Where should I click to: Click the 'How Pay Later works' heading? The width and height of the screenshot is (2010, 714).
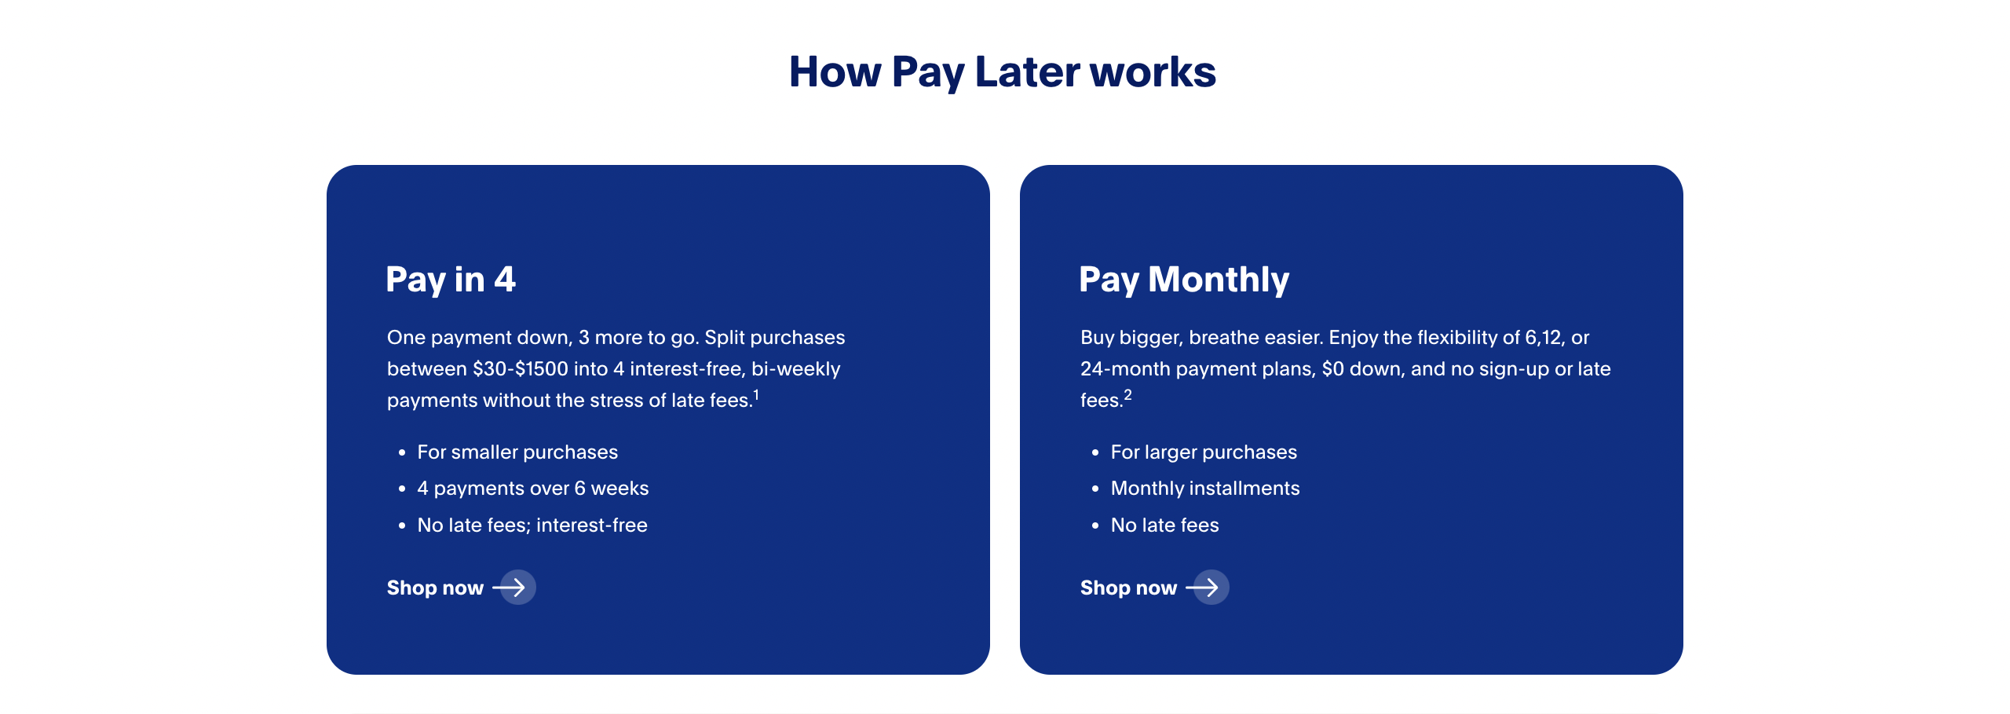coord(1003,72)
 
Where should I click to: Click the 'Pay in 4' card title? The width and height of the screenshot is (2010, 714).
coord(451,280)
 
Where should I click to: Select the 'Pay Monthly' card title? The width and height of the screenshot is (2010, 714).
coord(1184,280)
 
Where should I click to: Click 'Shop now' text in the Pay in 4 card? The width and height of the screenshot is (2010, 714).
coord(435,588)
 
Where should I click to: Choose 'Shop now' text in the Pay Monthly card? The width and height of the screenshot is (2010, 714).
coord(1128,588)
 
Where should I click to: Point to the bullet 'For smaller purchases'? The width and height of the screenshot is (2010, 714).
coord(517,452)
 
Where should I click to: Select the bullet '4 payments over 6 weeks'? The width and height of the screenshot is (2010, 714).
coord(533,489)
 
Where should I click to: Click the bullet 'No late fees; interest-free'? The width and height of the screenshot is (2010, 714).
coord(532,525)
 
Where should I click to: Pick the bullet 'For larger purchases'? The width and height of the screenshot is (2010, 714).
coord(1204,452)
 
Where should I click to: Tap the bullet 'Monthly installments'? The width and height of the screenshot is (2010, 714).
coord(1205,489)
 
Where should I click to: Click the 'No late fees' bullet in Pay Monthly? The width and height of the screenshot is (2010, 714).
coord(1165,525)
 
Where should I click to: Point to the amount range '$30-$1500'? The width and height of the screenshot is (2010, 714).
coord(520,368)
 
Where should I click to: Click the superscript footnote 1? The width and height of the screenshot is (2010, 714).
coord(756,394)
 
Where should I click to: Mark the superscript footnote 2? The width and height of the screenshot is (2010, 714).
coord(1127,394)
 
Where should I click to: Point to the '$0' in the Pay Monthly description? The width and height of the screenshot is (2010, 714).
coord(1333,368)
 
